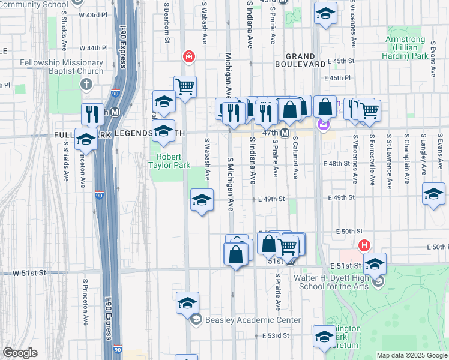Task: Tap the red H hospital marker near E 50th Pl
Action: pos(363,245)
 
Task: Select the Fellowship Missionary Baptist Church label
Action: pos(61,67)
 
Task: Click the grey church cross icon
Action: pos(86,85)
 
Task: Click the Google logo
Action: pos(20,352)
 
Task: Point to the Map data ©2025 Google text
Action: pos(411,355)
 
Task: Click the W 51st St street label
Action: pos(29,272)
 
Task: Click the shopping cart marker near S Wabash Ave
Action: pos(185,86)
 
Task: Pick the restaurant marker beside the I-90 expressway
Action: pos(92,113)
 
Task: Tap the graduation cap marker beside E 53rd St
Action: pos(324,335)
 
